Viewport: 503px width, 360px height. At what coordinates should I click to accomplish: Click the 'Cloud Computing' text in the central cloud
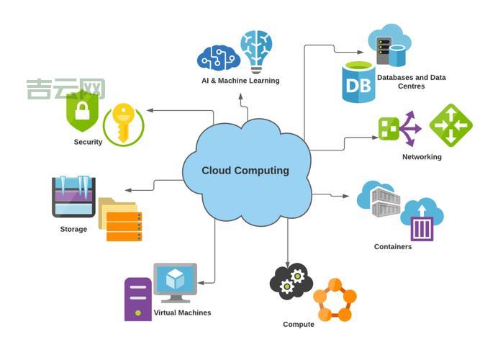(245, 171)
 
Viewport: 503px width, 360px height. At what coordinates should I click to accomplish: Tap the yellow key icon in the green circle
(123, 123)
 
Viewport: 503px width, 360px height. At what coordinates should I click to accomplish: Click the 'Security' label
(88, 142)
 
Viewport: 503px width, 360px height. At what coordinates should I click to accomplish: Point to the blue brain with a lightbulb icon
(257, 50)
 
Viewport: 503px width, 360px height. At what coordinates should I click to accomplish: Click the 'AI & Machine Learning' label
(240, 81)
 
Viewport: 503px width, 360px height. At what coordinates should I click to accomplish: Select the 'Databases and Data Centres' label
(412, 81)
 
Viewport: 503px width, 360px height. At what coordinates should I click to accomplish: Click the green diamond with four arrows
(450, 125)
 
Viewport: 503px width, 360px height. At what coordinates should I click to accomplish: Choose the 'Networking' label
(422, 156)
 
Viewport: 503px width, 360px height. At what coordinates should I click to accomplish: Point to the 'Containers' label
(393, 247)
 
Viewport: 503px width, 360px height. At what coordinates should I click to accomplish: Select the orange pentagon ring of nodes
(335, 300)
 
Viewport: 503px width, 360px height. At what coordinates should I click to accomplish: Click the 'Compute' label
(299, 325)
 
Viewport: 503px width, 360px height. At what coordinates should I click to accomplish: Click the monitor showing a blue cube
(175, 282)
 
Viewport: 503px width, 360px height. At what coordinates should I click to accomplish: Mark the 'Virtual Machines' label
(182, 312)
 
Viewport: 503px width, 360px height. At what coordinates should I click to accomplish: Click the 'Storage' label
(73, 230)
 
